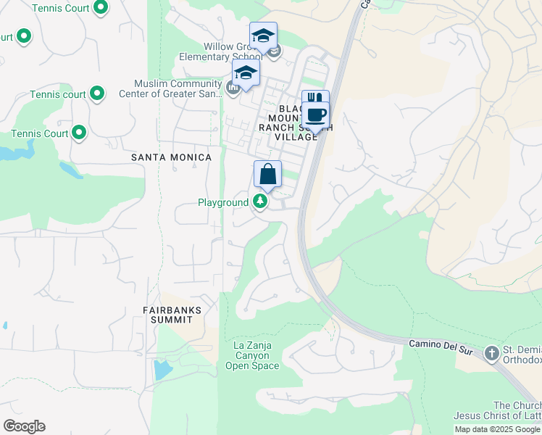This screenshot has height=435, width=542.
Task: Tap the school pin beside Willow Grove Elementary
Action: [x=263, y=36]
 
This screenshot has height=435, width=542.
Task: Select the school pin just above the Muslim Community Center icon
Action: [x=246, y=73]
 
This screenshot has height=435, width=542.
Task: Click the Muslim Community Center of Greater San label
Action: [x=177, y=88]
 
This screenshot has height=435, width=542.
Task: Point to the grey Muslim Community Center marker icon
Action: [x=233, y=88]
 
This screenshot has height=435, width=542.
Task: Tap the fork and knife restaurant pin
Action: [x=315, y=99]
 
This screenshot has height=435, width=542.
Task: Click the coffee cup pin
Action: [x=316, y=115]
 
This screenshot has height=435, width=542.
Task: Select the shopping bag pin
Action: [x=267, y=175]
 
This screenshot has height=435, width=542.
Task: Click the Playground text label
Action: [x=223, y=202]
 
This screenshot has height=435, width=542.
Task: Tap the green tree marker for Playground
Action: [x=260, y=202]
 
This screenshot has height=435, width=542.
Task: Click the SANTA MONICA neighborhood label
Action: [x=171, y=157]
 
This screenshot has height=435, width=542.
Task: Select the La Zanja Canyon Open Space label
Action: [x=252, y=356]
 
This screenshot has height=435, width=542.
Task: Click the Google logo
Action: [x=24, y=426]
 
